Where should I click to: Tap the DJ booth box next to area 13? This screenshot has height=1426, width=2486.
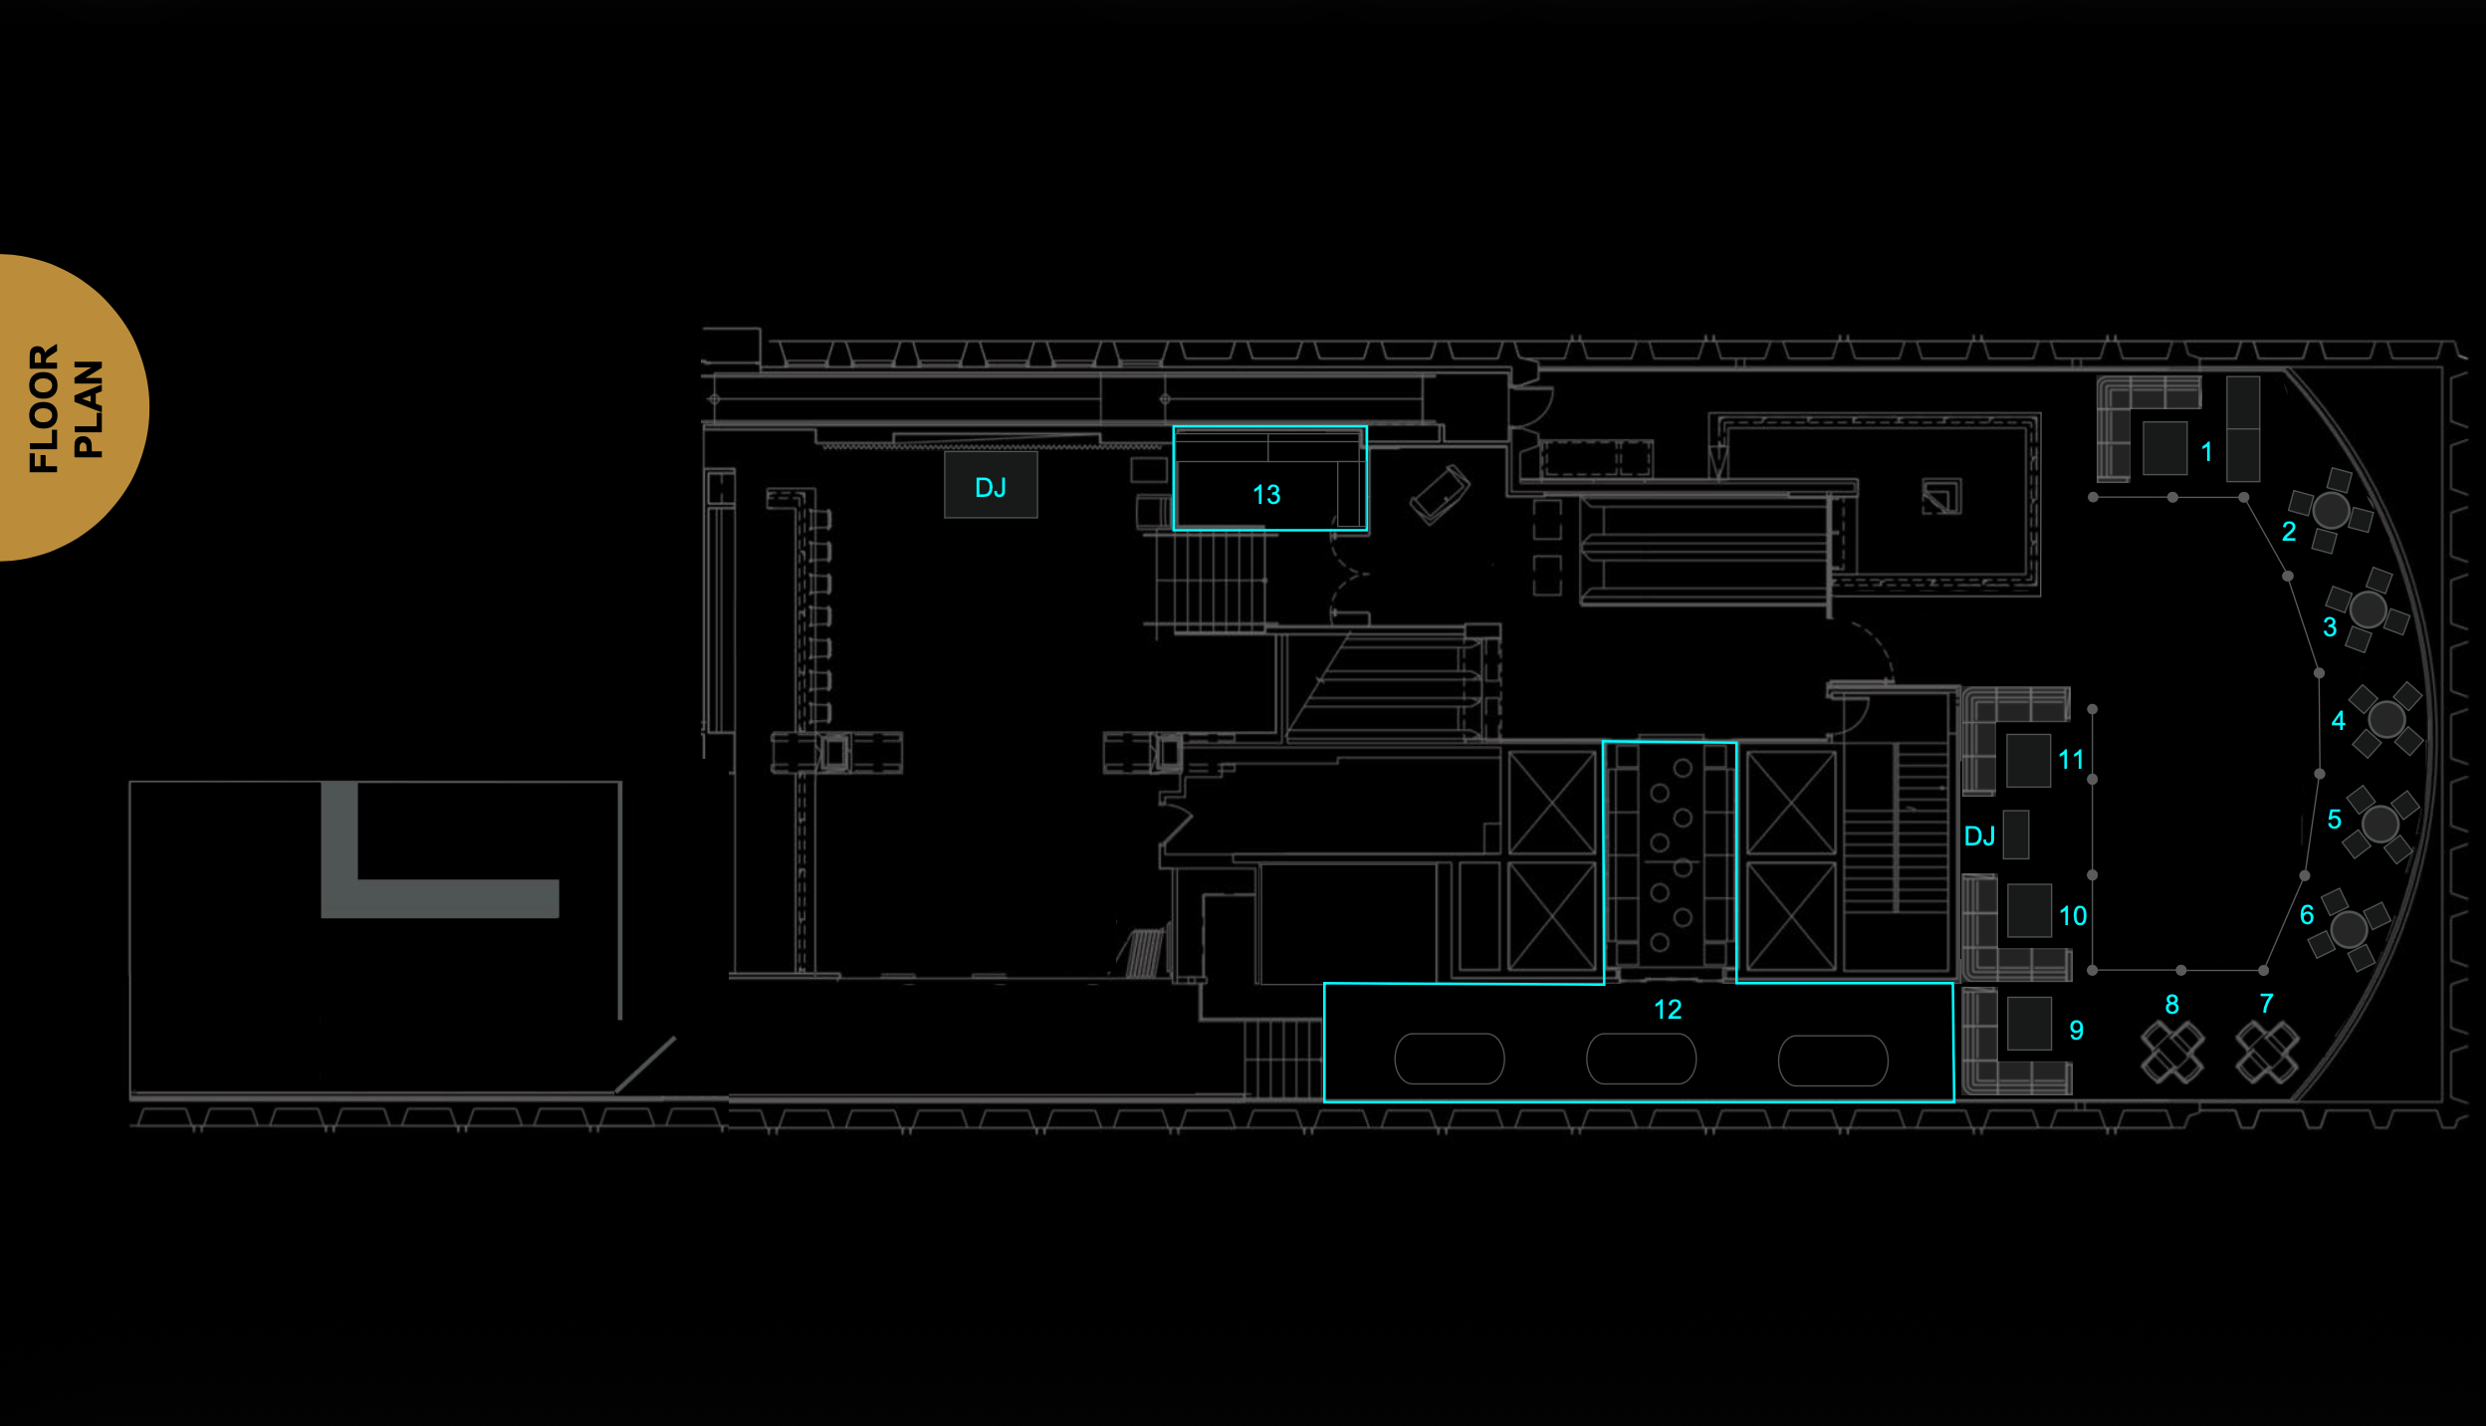[991, 485]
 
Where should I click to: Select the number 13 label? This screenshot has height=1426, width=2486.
[1265, 495]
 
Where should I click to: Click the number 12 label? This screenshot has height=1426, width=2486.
[1668, 1010]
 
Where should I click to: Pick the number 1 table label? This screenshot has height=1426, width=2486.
[2206, 452]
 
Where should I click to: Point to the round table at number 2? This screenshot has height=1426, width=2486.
[2331, 510]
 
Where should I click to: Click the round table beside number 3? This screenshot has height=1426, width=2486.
[2368, 609]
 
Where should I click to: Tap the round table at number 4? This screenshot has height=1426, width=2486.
[2386, 719]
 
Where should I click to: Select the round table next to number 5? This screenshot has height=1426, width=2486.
[2380, 824]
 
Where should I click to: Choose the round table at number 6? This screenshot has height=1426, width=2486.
[2349, 929]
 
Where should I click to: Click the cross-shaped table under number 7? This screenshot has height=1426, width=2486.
[2267, 1053]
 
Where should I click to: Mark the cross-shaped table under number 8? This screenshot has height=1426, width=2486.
[2172, 1053]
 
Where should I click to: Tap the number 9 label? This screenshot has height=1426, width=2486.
[2076, 1030]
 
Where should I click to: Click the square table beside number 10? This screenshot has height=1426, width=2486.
[2029, 910]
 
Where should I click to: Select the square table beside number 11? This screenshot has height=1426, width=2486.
[2028, 760]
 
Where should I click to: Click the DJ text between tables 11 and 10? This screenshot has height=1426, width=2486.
[1979, 836]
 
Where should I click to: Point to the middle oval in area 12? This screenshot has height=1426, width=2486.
[1641, 1059]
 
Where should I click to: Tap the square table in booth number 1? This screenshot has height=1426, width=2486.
[2164, 447]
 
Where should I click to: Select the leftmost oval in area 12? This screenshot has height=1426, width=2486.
[1449, 1059]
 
